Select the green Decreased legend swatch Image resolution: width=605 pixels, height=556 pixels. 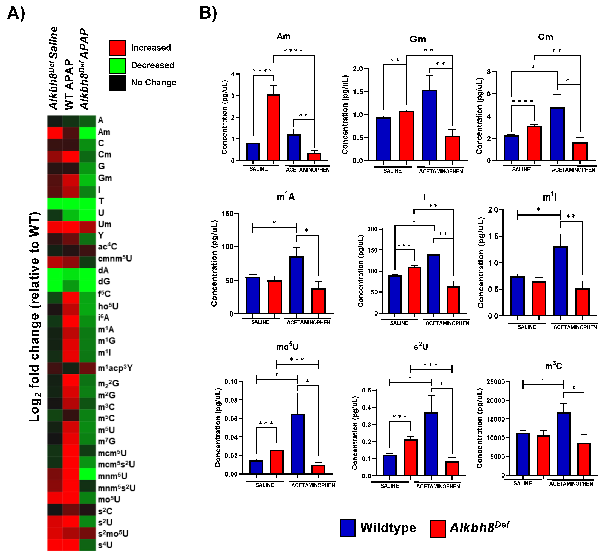[x=117, y=65]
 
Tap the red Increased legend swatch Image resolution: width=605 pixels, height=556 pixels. [x=117, y=48]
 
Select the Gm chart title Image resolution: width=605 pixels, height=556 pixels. [x=418, y=39]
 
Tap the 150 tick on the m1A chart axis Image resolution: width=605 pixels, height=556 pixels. [x=227, y=214]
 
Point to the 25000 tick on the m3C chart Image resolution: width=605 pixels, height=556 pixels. [x=496, y=382]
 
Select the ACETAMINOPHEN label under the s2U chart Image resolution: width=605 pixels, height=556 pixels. [x=438, y=486]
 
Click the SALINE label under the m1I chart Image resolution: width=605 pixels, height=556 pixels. [x=527, y=327]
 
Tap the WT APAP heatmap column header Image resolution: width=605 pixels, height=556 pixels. [x=69, y=84]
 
